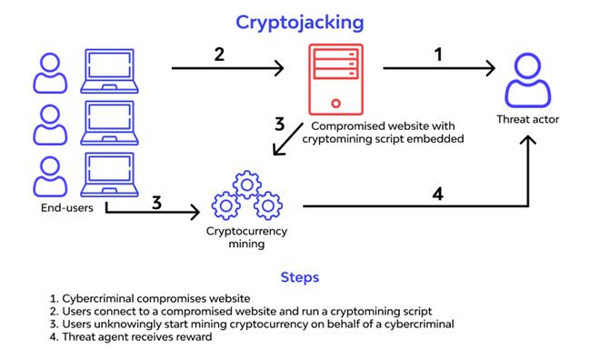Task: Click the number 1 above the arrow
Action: point(438,55)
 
